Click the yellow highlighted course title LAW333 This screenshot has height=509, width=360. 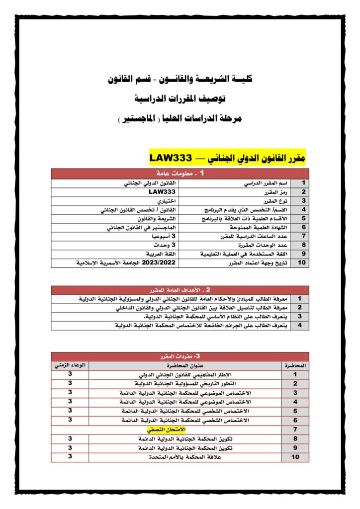pyautogui.click(x=227, y=158)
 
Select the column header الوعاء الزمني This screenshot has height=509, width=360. pyautogui.click(x=70, y=365)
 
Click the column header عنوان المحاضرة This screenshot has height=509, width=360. pyautogui.click(x=184, y=365)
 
